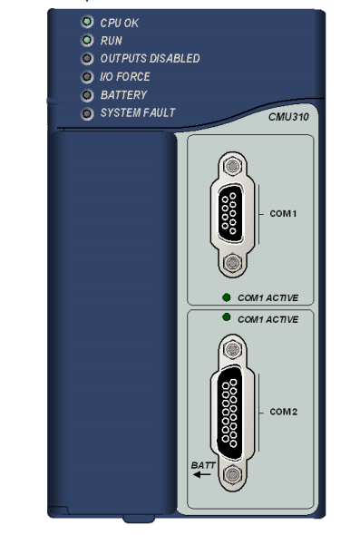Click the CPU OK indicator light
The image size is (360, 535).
(87, 22)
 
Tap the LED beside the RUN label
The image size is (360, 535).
(87, 40)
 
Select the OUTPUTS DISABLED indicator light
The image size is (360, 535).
(87, 58)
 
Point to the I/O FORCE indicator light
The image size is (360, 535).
(87, 76)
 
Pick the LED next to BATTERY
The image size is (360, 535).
(87, 95)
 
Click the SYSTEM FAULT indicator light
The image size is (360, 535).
(87, 113)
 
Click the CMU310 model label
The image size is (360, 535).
(288, 117)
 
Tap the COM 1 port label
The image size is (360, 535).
(283, 214)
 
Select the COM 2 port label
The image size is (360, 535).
(283, 412)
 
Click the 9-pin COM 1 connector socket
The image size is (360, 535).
(231, 214)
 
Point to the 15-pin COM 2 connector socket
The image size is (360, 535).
(230, 413)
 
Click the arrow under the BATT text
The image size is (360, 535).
(202, 474)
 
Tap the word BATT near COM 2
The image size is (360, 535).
(203, 465)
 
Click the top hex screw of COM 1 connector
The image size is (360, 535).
(232, 166)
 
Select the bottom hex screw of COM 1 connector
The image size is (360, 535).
(232, 263)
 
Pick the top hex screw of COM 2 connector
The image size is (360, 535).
(232, 349)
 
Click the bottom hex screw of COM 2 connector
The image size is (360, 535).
(232, 474)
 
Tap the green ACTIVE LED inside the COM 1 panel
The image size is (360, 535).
(226, 297)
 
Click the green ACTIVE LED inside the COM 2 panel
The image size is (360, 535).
(226, 317)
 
